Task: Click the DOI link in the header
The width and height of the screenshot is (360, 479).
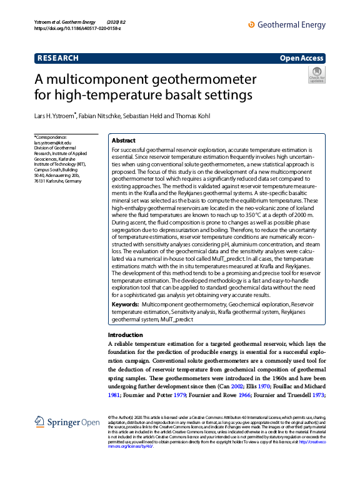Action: tap(77, 28)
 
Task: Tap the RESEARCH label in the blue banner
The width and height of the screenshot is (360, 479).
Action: tap(58, 58)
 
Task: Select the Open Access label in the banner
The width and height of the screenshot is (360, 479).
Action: tap(302, 58)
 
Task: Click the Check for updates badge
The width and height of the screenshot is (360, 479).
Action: tap(317, 75)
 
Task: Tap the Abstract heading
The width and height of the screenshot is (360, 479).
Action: tap(124, 141)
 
